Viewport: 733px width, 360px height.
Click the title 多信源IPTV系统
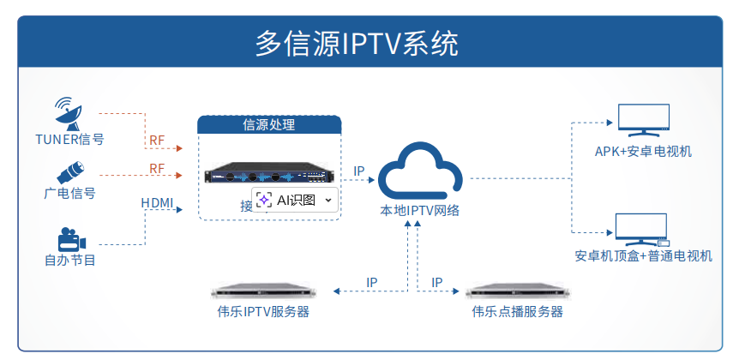tap(357, 43)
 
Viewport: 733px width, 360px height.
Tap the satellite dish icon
tap(69, 112)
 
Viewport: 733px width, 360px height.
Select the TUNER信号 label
tap(69, 139)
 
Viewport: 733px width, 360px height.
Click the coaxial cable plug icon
tap(69, 170)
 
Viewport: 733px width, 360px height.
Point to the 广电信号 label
tap(69, 193)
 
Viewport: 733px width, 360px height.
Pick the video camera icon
tap(70, 238)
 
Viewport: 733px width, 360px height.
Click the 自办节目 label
tap(69, 260)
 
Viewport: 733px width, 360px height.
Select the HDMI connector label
tap(157, 203)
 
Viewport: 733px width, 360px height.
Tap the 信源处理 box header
tap(269, 125)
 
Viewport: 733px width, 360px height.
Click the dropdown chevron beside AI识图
tap(327, 201)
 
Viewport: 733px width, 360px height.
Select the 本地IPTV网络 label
tap(420, 210)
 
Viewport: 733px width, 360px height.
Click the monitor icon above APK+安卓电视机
tap(644, 120)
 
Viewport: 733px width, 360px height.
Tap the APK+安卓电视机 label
tap(643, 152)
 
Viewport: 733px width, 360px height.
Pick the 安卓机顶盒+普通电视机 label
tap(643, 255)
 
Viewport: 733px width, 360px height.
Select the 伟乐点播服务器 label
tap(517, 312)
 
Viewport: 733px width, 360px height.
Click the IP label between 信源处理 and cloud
tap(359, 171)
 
